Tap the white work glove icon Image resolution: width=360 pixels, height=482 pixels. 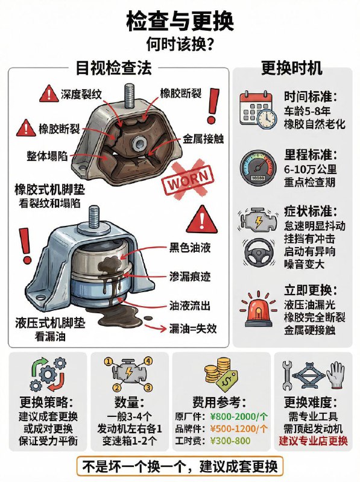pos(335,375)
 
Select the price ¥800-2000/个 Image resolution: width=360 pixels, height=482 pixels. pos(239,416)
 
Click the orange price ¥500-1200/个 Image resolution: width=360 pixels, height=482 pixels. pos(239,428)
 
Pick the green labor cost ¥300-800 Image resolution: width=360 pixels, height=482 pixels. pos(230,441)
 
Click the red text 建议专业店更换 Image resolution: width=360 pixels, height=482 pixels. pos(313,441)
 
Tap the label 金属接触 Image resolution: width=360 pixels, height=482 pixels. pos(203,139)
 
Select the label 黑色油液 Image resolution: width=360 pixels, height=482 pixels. pos(190,248)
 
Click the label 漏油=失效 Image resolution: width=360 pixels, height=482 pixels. pos(193,328)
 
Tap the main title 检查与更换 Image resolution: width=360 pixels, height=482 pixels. pos(180,21)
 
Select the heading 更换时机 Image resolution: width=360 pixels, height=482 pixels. pos(292,67)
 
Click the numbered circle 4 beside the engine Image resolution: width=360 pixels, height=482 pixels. pos(148,361)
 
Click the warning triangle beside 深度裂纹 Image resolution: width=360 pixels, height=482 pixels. pos(49,94)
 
